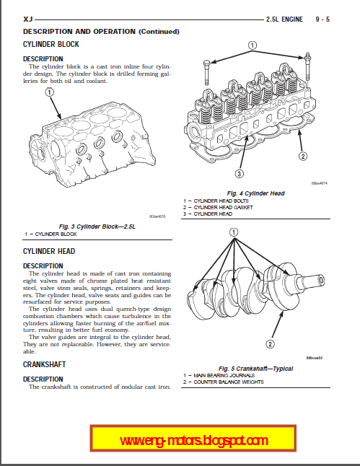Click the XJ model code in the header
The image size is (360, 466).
coord(27,19)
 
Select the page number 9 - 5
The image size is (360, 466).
coord(322,19)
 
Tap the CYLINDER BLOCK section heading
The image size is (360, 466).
coord(51,44)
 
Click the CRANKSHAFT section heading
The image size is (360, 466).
coord(44,364)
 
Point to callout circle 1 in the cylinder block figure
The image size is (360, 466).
coord(49,92)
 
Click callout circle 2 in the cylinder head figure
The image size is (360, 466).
coord(302,156)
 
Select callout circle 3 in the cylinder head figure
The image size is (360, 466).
coord(240,174)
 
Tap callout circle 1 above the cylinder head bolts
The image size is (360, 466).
coord(252,45)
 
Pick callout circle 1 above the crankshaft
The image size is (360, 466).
coord(234,232)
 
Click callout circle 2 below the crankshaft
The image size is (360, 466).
coord(270,344)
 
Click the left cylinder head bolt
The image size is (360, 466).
coord(206,73)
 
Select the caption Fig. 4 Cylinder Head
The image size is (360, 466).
coord(255,193)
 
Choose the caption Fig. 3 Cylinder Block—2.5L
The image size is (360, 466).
coord(97,227)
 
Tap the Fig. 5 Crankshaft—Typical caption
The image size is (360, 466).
coord(255,369)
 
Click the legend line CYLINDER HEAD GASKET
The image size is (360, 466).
coord(218,208)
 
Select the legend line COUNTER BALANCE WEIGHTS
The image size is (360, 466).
coord(224,382)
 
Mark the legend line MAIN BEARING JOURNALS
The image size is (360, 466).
coord(219,375)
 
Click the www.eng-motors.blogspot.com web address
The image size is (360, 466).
coord(193,440)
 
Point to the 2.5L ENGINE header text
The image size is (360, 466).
coord(284,19)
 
